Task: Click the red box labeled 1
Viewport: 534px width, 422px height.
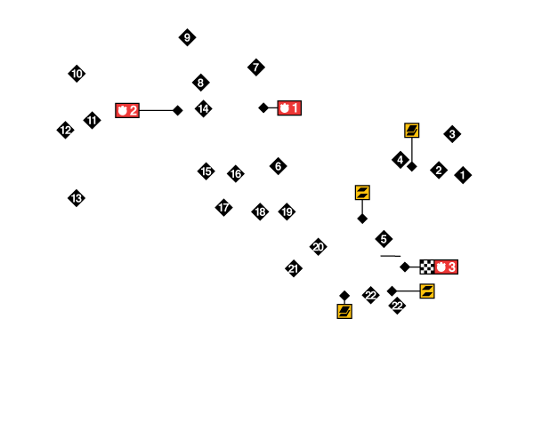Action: pos(289,108)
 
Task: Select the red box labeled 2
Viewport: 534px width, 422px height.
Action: pos(127,111)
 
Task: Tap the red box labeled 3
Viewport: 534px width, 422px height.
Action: pos(447,267)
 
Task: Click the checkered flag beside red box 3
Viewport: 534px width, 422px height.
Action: pos(427,267)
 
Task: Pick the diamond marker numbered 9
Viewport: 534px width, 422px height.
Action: pos(187,37)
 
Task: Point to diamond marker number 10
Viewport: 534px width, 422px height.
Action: pos(77,74)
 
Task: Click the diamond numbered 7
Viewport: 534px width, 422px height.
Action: pos(256,67)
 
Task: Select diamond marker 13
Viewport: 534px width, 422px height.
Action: pos(77,198)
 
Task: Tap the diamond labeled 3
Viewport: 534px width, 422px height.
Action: pos(452,134)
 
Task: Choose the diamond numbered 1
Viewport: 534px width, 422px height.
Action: pos(463,175)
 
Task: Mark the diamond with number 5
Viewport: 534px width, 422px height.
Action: pos(384,239)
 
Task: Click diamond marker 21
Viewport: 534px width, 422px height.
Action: pos(294,268)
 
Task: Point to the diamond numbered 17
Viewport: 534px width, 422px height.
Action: pos(223,208)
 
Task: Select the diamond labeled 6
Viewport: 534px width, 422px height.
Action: pos(278,166)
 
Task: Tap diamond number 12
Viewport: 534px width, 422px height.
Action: pos(65,130)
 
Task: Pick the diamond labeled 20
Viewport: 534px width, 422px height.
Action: pos(318,247)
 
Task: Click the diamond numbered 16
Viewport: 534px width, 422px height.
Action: pos(236,173)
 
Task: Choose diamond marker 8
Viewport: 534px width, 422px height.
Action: pos(200,83)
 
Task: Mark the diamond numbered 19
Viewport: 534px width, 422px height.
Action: pos(287,211)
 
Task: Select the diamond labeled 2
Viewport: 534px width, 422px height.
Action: pos(439,170)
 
